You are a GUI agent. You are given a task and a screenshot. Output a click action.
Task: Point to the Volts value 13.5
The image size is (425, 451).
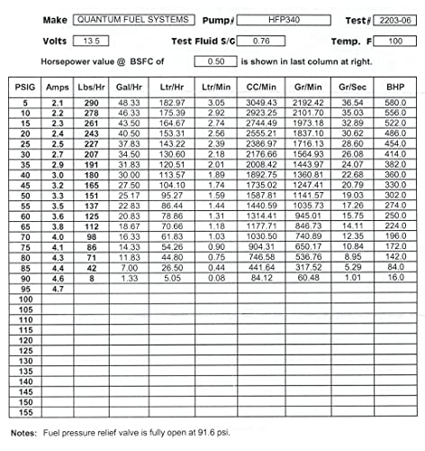90,41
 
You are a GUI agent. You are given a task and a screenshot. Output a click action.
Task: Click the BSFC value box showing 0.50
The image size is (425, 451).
216,61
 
